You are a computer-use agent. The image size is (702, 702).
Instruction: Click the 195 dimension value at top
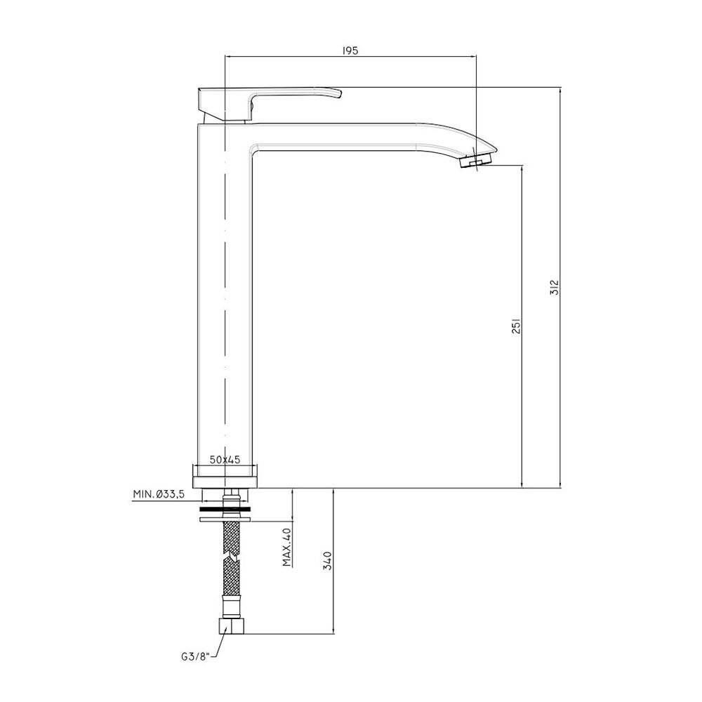[350, 51]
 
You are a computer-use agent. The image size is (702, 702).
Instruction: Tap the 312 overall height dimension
[555, 287]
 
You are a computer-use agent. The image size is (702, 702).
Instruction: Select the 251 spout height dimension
[516, 326]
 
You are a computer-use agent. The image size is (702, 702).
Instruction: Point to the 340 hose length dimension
[328, 560]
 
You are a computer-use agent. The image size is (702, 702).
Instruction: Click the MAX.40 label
[287, 547]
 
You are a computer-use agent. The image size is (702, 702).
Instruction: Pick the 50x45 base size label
[225, 459]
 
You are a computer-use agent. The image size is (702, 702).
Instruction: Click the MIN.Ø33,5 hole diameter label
[159, 494]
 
